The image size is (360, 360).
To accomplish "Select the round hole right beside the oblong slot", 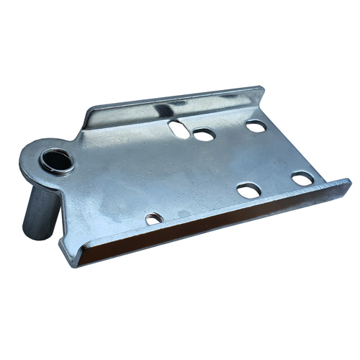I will (x=204, y=135).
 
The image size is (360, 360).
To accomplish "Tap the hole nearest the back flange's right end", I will (x=256, y=126).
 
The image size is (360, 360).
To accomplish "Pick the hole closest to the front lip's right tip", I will (x=302, y=178).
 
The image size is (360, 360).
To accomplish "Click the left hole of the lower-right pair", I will (x=249, y=190).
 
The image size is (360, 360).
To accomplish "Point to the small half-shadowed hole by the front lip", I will (x=154, y=218).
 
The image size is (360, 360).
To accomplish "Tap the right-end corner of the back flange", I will (x=261, y=91).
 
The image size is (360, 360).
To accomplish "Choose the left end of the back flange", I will (x=88, y=115).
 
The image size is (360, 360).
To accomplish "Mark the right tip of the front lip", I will (x=348, y=184).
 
